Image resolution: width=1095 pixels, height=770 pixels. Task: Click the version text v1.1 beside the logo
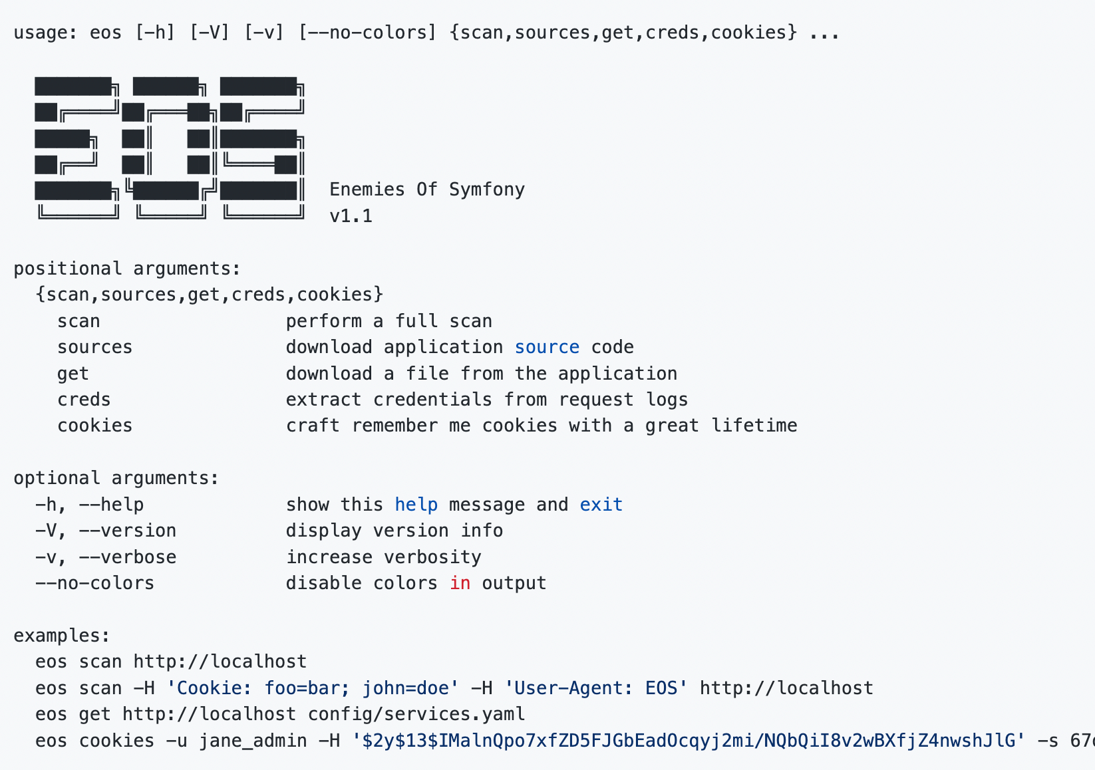351,216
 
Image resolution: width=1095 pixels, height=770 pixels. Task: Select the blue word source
547,347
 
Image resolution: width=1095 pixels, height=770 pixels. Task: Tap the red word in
460,583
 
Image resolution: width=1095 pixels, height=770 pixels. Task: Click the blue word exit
601,504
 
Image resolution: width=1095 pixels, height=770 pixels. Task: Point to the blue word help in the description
416,505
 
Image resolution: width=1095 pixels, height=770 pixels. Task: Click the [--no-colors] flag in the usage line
367,33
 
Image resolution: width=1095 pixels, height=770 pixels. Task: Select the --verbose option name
128,557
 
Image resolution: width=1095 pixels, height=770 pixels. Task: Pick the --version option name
128,531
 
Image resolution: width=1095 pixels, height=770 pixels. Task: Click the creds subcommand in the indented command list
84,400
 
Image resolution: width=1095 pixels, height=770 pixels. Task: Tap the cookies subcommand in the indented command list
95,426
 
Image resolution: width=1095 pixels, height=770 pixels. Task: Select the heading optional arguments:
116,478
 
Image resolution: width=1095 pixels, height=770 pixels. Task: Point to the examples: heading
62,636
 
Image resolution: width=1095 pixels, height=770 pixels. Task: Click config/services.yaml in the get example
416,714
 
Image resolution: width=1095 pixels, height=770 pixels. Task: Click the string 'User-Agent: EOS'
596,688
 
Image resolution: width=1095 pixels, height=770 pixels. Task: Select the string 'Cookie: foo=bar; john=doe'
313,688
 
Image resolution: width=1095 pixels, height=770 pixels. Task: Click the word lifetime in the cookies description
754,426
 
